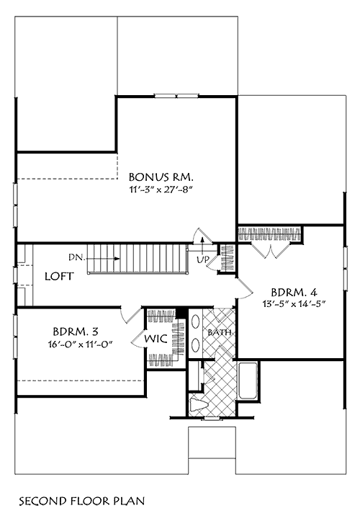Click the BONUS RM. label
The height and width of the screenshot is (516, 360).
coord(161,176)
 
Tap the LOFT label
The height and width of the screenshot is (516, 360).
coord(58,277)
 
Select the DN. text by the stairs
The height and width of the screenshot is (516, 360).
coord(78,257)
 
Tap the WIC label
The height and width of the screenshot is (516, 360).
coord(158,339)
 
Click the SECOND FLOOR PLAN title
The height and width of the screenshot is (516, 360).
coord(78,499)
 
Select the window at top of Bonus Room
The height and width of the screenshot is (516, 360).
coord(177,94)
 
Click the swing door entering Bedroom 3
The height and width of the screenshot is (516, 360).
coord(130,315)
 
